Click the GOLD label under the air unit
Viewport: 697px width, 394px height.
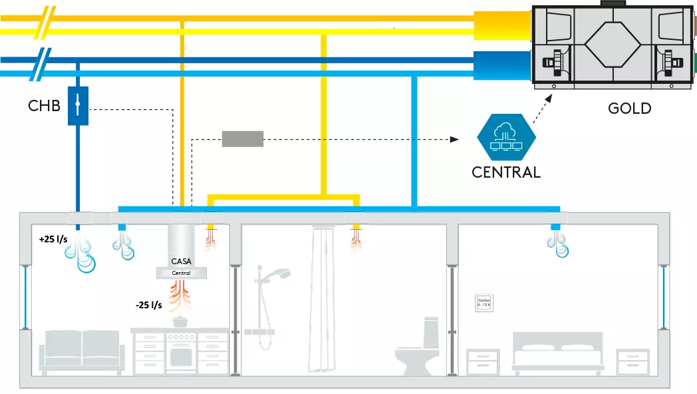coord(629,107)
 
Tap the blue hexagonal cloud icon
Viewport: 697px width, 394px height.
coord(506,137)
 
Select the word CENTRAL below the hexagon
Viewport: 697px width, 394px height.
coord(506,172)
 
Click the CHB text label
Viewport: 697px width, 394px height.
coord(45,106)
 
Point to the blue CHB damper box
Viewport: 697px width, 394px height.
coord(78,105)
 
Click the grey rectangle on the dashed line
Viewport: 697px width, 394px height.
coord(242,139)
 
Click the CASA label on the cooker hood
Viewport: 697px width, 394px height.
coord(181,262)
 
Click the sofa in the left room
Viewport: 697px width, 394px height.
coord(82,349)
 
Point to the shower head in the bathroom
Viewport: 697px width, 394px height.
coord(282,273)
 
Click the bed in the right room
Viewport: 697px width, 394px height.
coord(557,355)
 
